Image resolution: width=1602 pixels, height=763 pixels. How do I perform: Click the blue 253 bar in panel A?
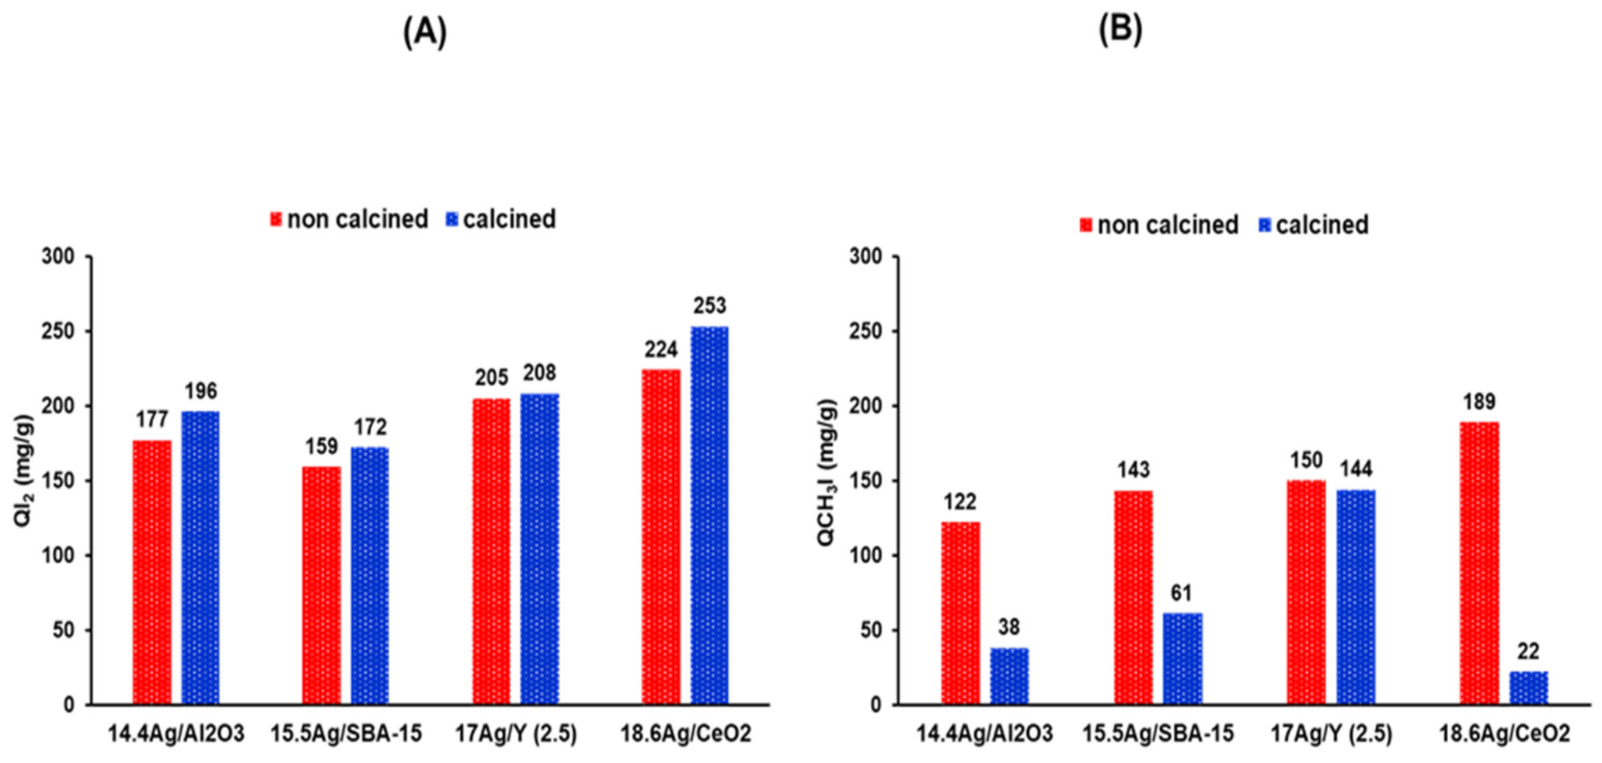[709, 516]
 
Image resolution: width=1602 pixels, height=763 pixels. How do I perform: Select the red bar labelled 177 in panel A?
[152, 573]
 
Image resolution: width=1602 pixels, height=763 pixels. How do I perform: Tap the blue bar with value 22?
[1528, 688]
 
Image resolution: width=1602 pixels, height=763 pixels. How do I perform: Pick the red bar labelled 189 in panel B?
[1479, 563]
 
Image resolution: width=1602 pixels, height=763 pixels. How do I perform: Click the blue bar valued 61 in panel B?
[1182, 659]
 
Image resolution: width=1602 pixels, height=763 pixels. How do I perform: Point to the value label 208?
[539, 373]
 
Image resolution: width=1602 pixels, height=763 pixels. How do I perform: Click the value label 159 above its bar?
[321, 447]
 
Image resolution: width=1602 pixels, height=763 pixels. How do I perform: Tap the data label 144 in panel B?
[1356, 469]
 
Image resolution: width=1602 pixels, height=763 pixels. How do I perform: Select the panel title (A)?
[425, 32]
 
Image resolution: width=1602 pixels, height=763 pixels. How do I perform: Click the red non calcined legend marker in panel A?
[276, 220]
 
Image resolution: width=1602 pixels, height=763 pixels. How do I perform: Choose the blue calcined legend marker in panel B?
[1265, 225]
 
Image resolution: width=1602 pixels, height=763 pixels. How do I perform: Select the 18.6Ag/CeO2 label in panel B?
[1504, 733]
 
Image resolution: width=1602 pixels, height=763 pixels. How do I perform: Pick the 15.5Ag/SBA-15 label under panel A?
[347, 733]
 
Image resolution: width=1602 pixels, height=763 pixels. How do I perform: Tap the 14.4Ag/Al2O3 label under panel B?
[984, 733]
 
